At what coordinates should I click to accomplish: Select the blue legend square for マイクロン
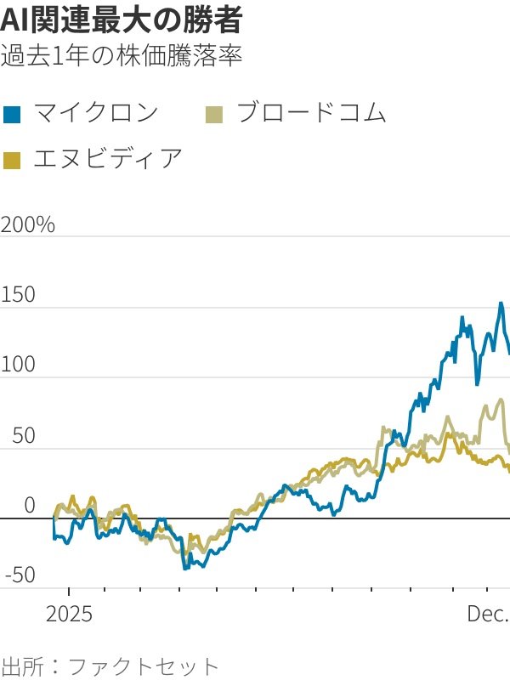click(x=12, y=113)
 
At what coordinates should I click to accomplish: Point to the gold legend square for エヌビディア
click(x=12, y=159)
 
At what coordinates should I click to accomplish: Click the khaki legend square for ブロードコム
click(x=216, y=113)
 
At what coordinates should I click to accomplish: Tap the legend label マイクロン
click(x=95, y=112)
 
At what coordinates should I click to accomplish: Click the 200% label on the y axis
click(x=28, y=225)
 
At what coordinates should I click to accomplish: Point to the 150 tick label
click(x=18, y=296)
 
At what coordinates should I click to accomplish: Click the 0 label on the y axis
click(x=30, y=506)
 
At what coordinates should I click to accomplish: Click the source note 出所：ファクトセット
click(x=110, y=665)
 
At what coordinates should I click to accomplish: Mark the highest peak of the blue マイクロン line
click(x=501, y=303)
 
